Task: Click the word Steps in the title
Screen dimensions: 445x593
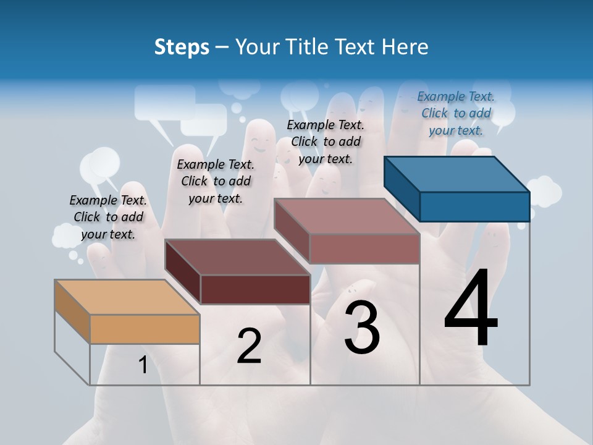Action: (182, 47)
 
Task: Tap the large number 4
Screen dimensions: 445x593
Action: (471, 310)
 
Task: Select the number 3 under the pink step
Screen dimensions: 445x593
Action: (362, 328)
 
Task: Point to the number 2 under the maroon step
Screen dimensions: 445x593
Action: (249, 346)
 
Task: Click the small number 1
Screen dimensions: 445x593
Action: (143, 365)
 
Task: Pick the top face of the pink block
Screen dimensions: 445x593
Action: (346, 216)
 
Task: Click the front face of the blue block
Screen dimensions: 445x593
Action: (474, 206)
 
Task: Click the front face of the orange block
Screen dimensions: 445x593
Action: (145, 329)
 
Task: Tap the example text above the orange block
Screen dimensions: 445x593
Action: (108, 217)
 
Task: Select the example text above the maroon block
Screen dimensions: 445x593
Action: (216, 181)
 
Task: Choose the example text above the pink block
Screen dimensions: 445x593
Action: (326, 142)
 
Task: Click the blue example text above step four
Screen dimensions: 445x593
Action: (456, 113)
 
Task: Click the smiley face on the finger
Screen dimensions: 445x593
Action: (259, 146)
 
